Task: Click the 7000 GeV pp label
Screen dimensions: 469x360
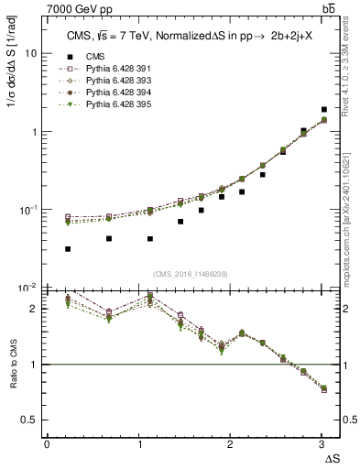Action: (78, 9)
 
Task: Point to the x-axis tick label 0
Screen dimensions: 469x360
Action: (47, 445)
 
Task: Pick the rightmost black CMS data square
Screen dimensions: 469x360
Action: (323, 110)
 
